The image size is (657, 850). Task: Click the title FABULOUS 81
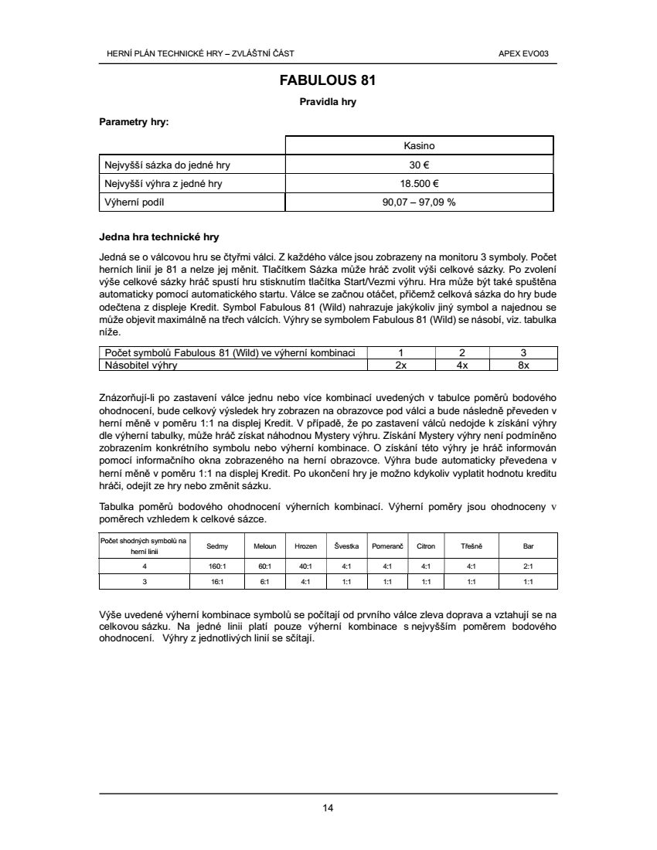click(x=328, y=80)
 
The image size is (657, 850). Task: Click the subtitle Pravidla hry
click(x=328, y=102)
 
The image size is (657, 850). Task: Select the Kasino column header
click(x=419, y=145)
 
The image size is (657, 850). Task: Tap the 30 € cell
click(x=419, y=165)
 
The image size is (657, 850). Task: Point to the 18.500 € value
click(x=419, y=184)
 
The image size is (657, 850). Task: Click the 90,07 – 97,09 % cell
click(x=419, y=202)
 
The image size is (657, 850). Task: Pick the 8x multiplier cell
click(x=523, y=365)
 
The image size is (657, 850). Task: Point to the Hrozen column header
click(x=305, y=546)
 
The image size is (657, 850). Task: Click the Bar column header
click(x=528, y=546)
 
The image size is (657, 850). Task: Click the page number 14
click(x=328, y=808)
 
